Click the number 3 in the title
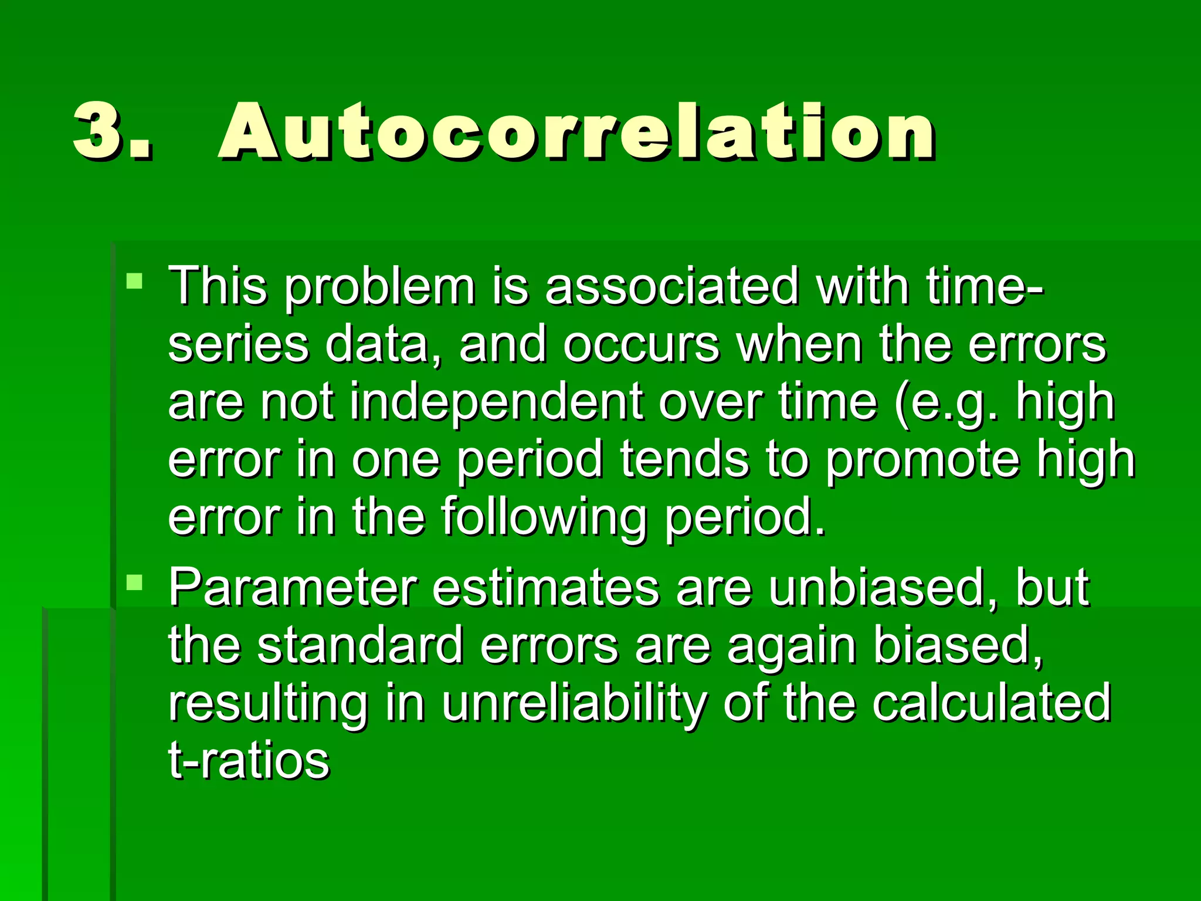pos(99,130)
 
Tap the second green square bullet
pos(134,582)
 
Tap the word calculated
pos(991,702)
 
